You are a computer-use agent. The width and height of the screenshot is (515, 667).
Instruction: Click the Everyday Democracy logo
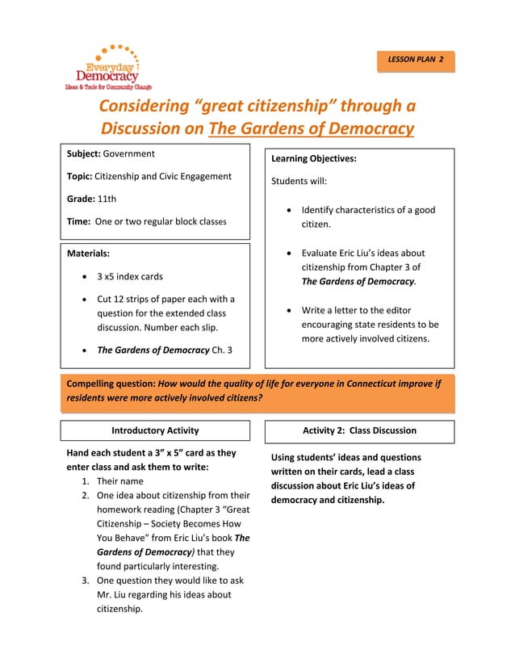click(107, 67)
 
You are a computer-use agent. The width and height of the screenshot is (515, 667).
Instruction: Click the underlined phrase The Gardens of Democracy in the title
click(311, 128)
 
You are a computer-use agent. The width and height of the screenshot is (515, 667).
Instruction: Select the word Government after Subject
click(129, 153)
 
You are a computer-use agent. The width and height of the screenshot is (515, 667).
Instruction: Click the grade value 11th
click(107, 199)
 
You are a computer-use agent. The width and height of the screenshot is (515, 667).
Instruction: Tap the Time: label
click(78, 221)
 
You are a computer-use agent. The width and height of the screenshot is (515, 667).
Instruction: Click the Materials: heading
click(88, 254)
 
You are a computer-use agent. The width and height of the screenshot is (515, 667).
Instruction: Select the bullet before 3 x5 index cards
click(86, 276)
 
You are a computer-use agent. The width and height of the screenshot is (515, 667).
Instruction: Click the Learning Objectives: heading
click(313, 158)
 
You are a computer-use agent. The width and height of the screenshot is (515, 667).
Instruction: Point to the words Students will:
click(299, 181)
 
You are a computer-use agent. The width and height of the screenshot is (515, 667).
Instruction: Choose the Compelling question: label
click(111, 384)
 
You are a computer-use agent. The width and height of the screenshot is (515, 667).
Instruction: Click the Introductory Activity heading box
click(155, 430)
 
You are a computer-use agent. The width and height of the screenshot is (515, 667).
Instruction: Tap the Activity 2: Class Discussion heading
click(359, 430)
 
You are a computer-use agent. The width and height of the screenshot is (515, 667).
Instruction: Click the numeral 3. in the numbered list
click(86, 580)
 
